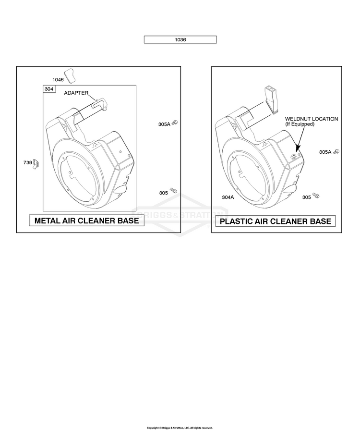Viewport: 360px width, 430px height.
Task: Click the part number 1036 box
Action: click(180, 39)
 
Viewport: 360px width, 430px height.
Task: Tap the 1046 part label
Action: click(58, 80)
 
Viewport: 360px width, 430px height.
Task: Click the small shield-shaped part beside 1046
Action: click(70, 75)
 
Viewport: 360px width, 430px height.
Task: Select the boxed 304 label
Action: click(49, 89)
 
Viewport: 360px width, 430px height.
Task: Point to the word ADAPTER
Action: click(76, 93)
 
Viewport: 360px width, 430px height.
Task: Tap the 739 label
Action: click(28, 162)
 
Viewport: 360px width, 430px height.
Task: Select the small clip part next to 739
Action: click(36, 164)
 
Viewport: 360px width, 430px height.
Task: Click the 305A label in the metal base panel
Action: click(164, 124)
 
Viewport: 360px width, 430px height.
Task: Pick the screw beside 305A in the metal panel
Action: click(175, 123)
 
